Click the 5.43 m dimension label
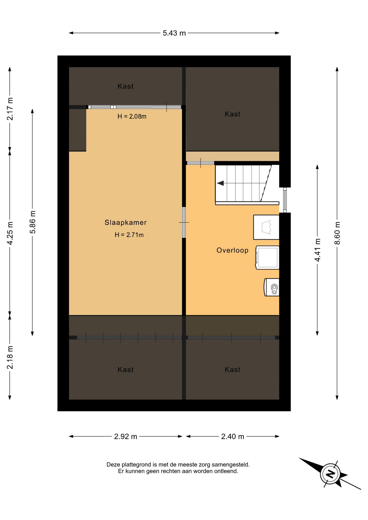click(x=174, y=33)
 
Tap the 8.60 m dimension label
click(x=337, y=233)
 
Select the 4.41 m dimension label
click(x=317, y=250)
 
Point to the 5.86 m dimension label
click(x=33, y=222)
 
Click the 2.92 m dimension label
click(x=125, y=436)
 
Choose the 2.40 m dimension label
click(x=233, y=436)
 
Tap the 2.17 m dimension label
click(x=10, y=109)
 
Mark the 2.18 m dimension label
click(x=10, y=357)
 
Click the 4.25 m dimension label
click(x=10, y=233)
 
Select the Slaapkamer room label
click(x=125, y=222)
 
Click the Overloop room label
click(x=233, y=250)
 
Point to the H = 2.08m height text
click(x=132, y=116)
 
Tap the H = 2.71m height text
click(x=129, y=235)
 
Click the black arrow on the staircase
click(x=220, y=183)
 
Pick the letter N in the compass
click(x=330, y=474)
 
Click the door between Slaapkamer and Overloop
click(x=184, y=222)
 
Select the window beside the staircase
click(x=285, y=200)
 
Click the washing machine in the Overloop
click(x=267, y=258)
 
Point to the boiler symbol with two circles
click(x=272, y=287)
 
